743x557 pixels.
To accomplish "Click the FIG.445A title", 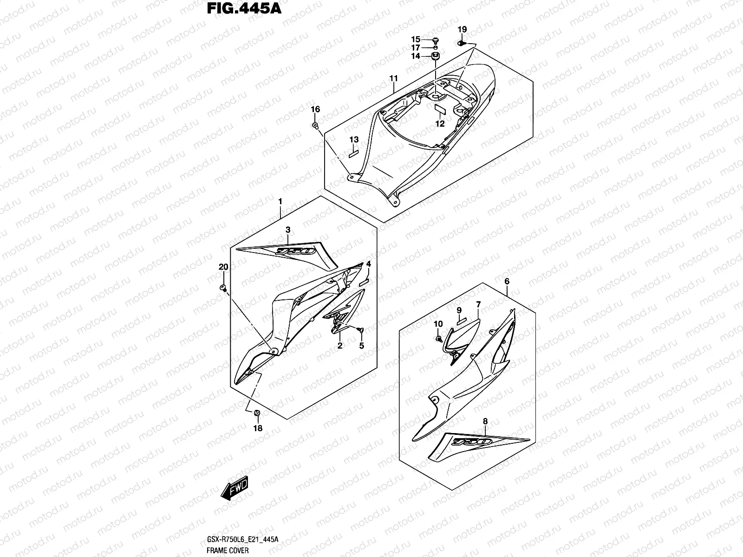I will tap(243, 9).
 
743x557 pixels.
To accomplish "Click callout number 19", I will tap(462, 30).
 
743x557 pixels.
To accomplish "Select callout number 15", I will tap(416, 39).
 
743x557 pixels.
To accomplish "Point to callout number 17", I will tap(416, 48).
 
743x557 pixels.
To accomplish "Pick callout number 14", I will tap(416, 56).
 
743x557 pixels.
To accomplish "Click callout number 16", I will tap(315, 110).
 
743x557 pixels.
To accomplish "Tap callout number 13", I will tap(354, 140).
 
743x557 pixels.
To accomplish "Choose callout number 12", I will tap(440, 123).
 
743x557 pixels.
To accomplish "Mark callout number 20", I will tap(223, 267).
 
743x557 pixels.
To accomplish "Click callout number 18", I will tap(257, 428).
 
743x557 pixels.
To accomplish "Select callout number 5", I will tap(361, 345).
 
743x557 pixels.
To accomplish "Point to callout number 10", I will tap(438, 324).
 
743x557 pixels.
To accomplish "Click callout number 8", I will tap(485, 421).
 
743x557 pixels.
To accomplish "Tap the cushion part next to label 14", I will tap(436, 56).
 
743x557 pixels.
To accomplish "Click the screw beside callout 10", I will tap(438, 339).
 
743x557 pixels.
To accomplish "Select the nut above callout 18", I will tap(257, 413).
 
